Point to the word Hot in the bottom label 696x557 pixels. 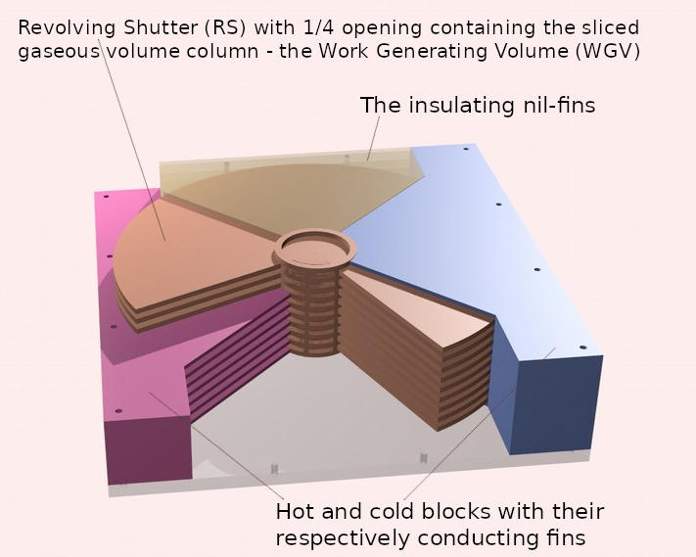click(x=296, y=511)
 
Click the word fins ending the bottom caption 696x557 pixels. click(x=567, y=538)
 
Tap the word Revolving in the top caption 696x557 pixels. click(x=67, y=28)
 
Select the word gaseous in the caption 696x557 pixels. click(x=59, y=52)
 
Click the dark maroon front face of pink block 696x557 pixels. click(x=149, y=449)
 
